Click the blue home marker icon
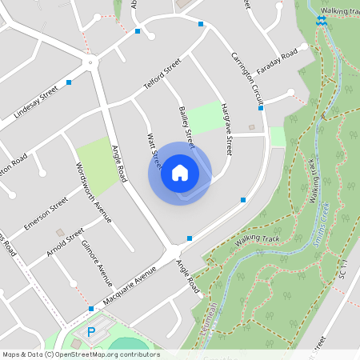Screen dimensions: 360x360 click(179, 172)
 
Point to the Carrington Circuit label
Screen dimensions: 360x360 click(247, 78)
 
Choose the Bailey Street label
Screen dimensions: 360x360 click(187, 126)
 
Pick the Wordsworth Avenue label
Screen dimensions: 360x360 click(93, 193)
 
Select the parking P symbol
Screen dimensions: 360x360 click(90, 331)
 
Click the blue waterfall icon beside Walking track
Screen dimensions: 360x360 click(321, 20)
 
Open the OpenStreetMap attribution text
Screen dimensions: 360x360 click(81, 354)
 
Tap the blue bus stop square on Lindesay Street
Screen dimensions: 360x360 click(70, 82)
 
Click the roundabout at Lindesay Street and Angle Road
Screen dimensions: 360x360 click(91, 62)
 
